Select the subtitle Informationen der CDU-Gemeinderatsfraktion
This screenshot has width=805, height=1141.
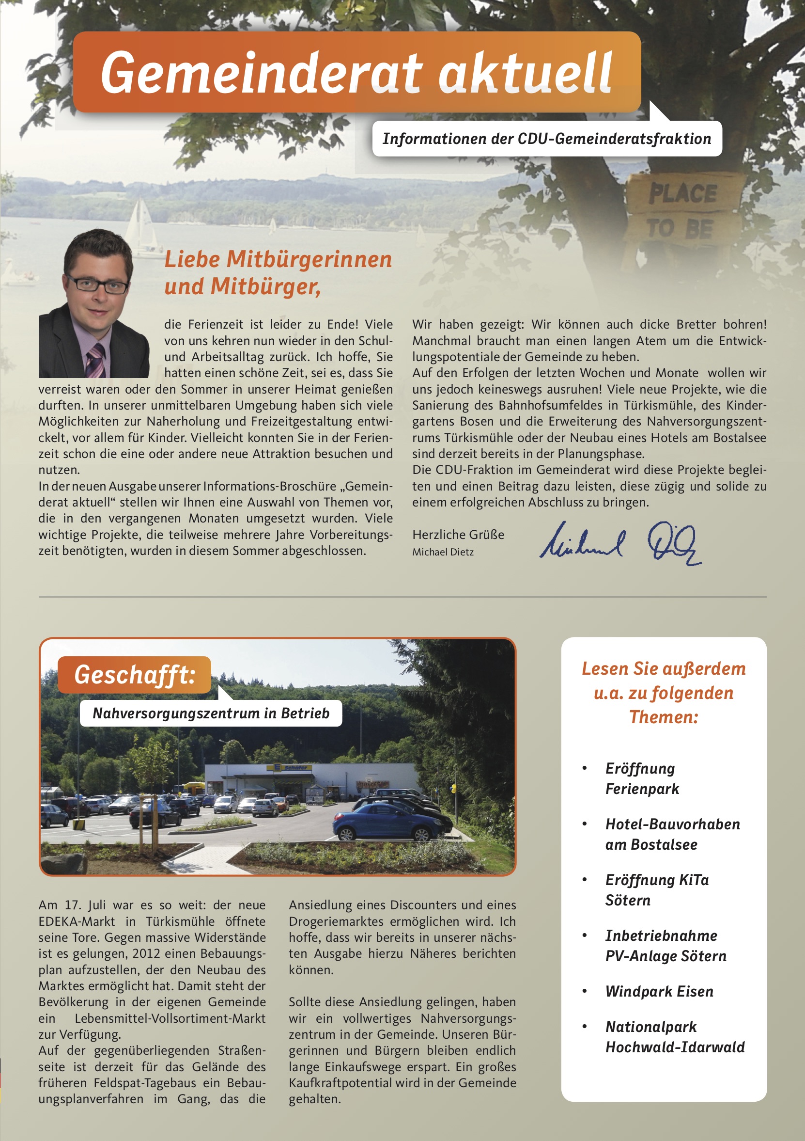[547, 139]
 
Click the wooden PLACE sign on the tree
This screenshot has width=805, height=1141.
[683, 193]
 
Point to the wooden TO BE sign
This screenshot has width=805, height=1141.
[681, 229]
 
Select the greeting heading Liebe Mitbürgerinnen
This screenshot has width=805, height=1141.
[278, 259]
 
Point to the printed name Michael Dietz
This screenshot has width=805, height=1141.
[443, 552]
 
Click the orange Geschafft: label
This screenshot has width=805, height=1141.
[135, 674]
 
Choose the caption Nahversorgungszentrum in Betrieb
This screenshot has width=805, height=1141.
[211, 713]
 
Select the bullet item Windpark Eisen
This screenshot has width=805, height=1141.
[659, 991]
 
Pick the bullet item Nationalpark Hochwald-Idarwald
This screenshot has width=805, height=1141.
[674, 1037]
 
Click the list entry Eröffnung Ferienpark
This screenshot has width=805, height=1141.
[642, 778]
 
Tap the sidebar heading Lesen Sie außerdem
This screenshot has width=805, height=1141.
[664, 669]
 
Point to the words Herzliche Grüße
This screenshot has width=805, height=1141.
[458, 535]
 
